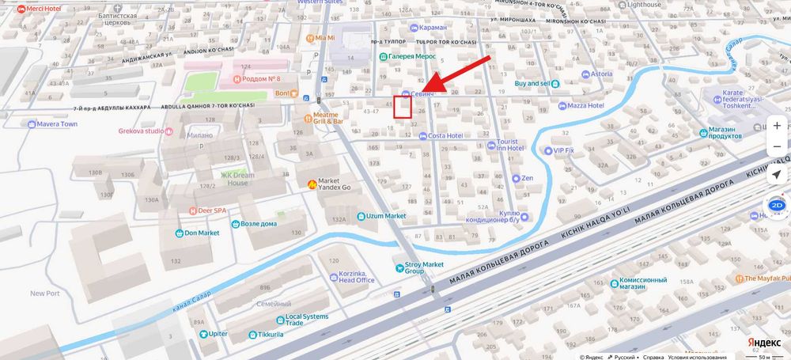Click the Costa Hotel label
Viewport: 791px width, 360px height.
coord(445,135)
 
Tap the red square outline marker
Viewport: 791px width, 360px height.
coord(403,107)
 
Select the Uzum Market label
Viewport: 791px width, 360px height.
coord(386,216)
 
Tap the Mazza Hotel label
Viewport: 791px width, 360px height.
coord(585,105)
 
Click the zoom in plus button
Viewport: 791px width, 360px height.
coord(778,126)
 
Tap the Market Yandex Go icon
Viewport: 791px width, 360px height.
coord(312,184)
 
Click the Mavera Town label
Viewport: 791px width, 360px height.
coord(58,124)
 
